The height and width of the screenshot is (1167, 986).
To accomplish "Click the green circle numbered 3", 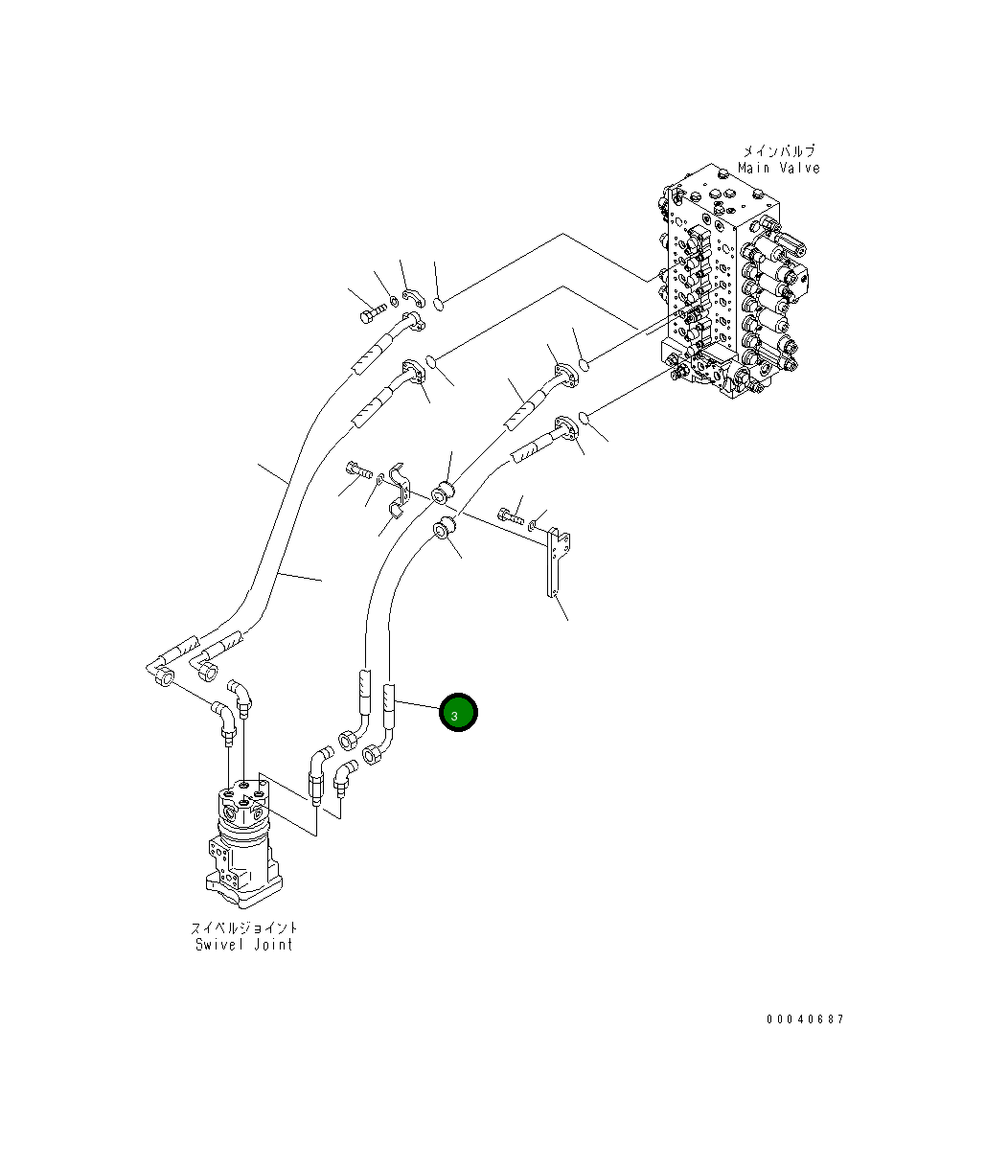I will pos(458,713).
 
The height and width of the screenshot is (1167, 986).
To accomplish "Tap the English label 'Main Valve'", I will pos(779,169).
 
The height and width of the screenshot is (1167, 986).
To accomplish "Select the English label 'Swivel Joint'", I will pos(244,945).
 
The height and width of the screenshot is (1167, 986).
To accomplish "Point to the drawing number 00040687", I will pos(805,1019).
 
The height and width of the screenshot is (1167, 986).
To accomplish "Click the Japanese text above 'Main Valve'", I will pos(778,151).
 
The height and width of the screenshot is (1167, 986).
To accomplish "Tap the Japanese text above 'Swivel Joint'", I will pos(244,927).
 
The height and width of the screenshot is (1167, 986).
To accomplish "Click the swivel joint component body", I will pos(243,843).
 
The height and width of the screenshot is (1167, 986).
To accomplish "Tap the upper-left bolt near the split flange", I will pos(371,311).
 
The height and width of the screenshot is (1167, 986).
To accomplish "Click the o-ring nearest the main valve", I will pos(586,416).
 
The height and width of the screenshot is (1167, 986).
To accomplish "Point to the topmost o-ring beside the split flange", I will pos(438,304).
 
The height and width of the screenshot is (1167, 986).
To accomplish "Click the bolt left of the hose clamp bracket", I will pos(359,469).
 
